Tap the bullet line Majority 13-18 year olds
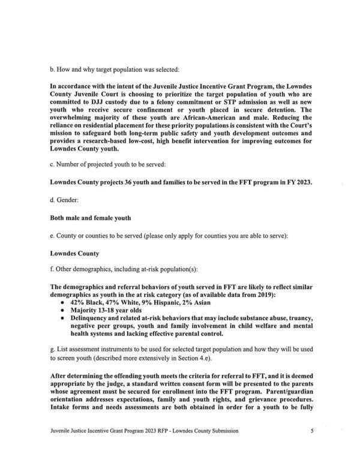[107, 311]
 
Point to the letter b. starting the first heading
[52, 70]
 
